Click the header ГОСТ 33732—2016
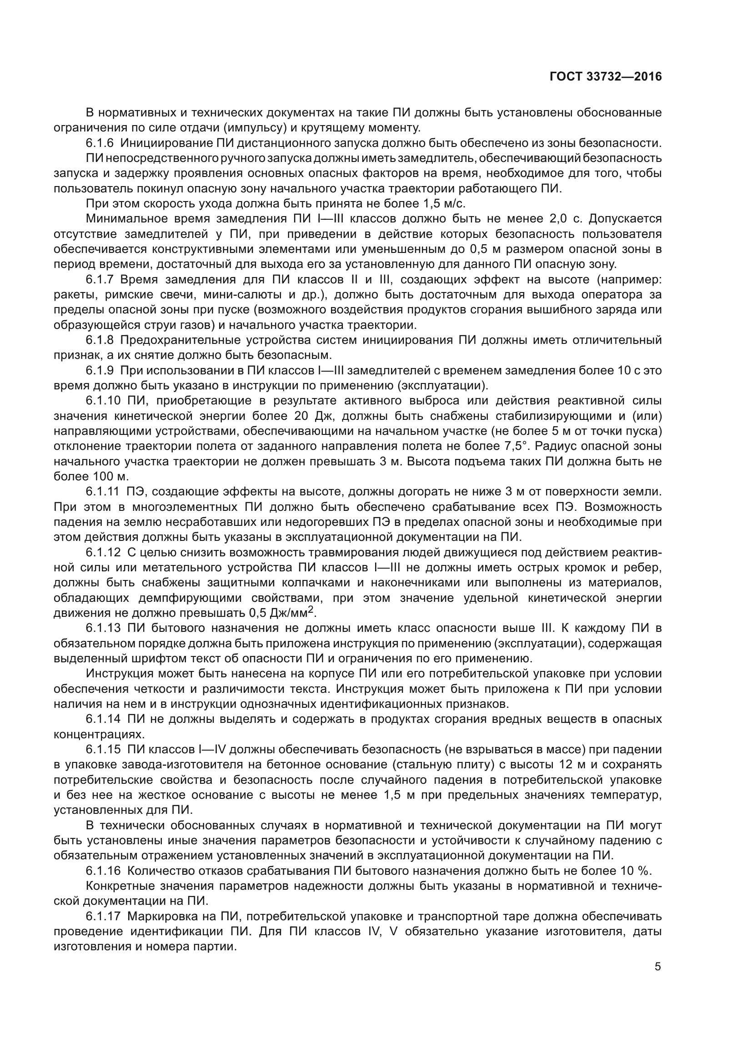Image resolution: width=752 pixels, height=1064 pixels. point(605,77)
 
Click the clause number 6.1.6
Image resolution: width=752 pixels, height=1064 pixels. point(100,143)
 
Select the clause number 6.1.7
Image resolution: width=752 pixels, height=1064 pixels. point(100,279)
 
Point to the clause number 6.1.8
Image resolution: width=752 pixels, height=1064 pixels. point(100,340)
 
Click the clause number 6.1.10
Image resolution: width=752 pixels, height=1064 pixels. point(102,400)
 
